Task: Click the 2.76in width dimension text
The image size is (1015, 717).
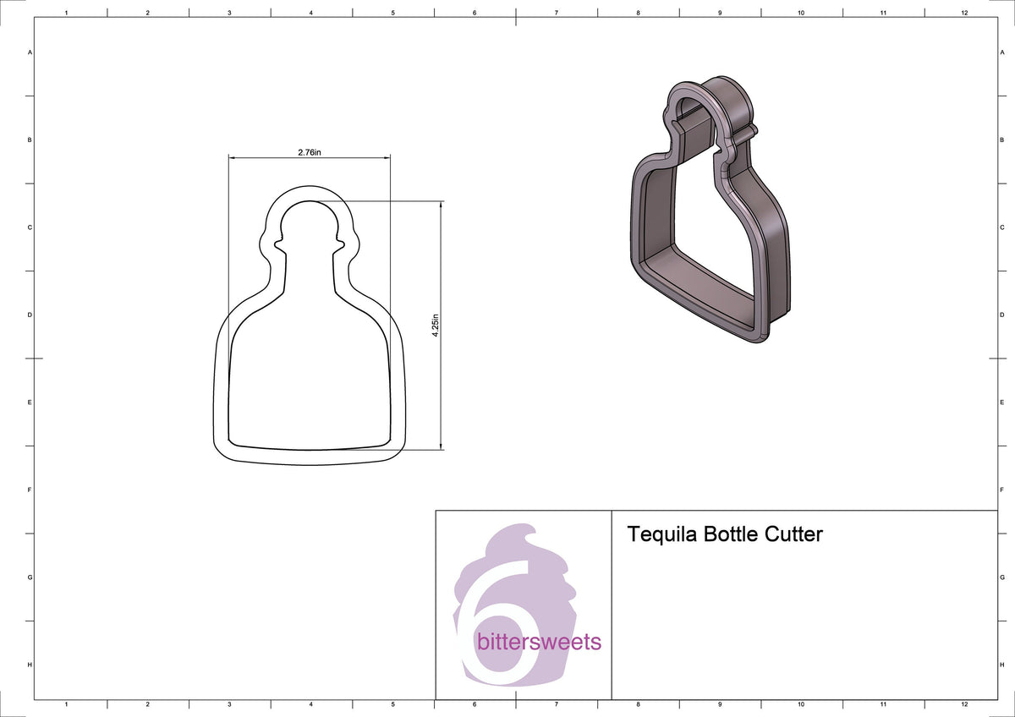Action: coord(309,152)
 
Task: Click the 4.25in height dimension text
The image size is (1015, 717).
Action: coord(435,326)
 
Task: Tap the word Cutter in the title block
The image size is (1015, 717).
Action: coord(793,534)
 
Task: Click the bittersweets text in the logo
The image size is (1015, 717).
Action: coord(540,642)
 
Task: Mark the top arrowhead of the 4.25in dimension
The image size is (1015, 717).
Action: coord(442,205)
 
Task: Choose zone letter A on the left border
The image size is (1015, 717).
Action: coord(30,52)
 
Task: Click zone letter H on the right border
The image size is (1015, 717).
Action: coord(1002,665)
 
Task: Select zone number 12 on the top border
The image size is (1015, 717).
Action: coord(964,13)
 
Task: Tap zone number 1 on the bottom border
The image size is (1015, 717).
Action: coord(66,703)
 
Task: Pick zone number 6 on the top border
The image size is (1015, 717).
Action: coord(475,13)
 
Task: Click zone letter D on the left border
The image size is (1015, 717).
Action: coord(30,315)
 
